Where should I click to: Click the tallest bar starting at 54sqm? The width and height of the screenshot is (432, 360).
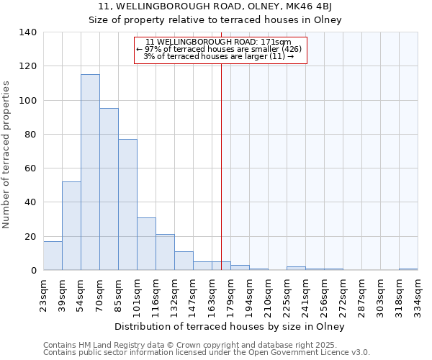[x=90, y=173]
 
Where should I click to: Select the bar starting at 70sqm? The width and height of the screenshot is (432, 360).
[x=109, y=189]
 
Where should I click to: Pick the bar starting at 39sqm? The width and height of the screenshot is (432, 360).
[x=71, y=226]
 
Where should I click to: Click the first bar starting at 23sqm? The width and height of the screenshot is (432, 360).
[x=53, y=256]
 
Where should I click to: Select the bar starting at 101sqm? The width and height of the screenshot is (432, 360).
[x=146, y=244]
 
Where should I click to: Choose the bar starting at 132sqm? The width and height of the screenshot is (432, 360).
[x=184, y=261]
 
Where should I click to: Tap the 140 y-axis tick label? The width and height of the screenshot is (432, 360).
[x=28, y=32]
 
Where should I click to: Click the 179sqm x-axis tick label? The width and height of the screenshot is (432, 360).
[x=230, y=294]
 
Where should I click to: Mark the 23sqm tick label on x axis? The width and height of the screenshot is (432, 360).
[x=44, y=294]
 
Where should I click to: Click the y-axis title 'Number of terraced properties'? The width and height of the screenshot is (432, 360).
[x=7, y=155]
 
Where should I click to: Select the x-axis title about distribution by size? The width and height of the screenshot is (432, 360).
[x=230, y=327]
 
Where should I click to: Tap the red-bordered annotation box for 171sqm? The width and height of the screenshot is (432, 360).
[x=220, y=50]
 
